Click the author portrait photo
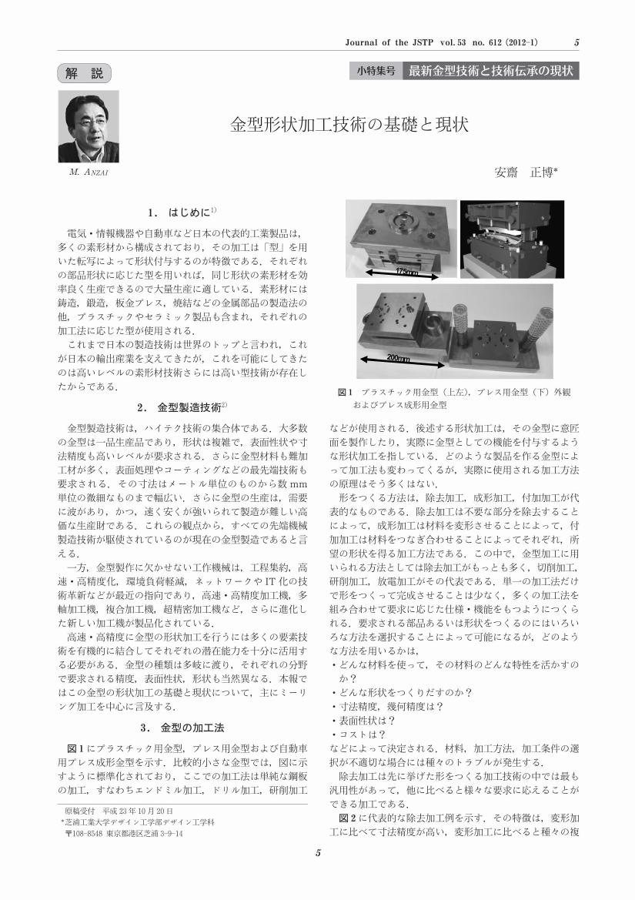(89, 127)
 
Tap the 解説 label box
(85, 73)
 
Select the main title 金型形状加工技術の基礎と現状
(349, 125)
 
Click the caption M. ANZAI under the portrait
(89, 172)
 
